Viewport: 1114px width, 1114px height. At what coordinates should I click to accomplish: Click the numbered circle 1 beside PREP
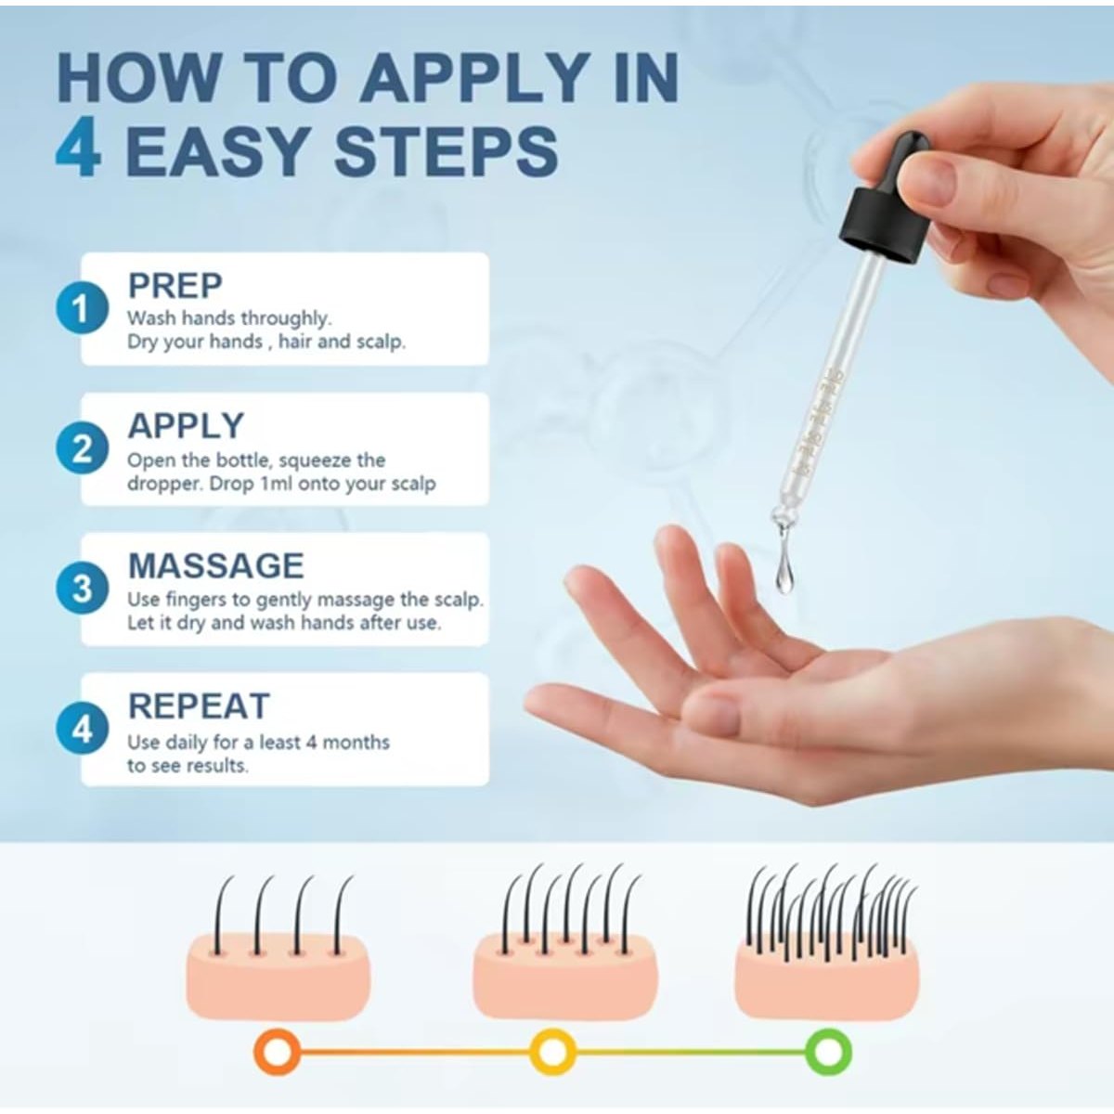click(82, 308)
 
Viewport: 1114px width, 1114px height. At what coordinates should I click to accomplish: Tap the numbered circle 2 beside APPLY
click(82, 448)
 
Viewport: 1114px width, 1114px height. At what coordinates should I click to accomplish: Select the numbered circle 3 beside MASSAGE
click(82, 589)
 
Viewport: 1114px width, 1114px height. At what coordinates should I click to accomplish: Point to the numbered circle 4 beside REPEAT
click(82, 729)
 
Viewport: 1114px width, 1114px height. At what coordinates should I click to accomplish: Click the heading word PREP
click(175, 286)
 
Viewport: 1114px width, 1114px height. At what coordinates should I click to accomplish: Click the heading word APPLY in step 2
click(186, 426)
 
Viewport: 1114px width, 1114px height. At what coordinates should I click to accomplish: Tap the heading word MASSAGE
click(215, 565)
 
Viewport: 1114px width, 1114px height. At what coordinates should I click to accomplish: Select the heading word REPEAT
click(199, 706)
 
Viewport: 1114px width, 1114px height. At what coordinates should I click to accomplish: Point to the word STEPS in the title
click(447, 150)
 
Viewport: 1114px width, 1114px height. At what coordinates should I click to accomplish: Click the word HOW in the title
click(138, 77)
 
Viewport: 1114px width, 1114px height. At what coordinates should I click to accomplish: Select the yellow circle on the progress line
click(553, 1052)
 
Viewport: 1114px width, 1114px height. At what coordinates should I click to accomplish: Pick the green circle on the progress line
click(828, 1052)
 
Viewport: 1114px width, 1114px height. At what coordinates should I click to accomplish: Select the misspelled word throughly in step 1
click(286, 318)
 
